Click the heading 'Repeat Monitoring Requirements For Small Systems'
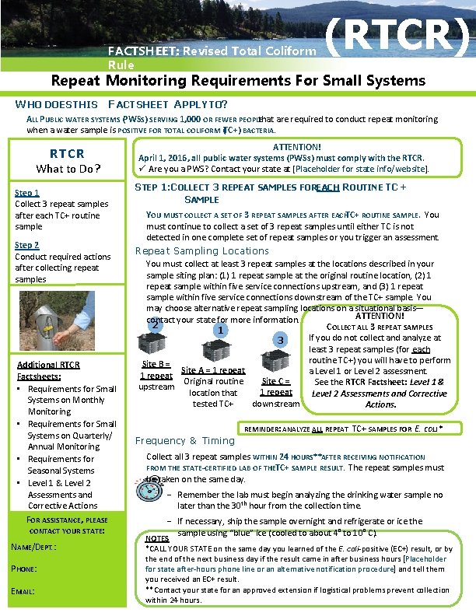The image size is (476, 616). [238, 80]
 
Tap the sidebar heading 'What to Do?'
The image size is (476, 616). [68, 169]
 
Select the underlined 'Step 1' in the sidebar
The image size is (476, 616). [28, 193]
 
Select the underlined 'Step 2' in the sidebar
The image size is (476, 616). [28, 245]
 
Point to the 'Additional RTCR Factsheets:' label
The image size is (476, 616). [48, 370]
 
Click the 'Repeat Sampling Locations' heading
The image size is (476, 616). [202, 251]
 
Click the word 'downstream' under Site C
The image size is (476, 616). [276, 404]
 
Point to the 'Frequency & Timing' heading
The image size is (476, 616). [185, 441]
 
